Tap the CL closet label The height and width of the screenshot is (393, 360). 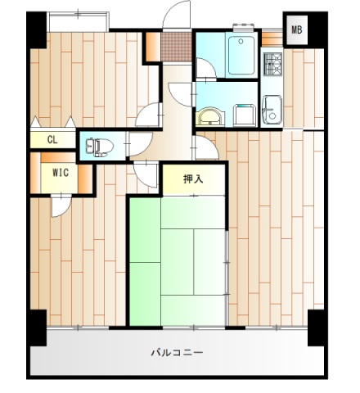[52, 140]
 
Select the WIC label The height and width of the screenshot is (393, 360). [60, 173]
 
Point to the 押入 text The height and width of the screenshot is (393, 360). [192, 179]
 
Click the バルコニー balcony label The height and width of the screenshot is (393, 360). [177, 354]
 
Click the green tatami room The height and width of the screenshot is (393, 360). [176, 262]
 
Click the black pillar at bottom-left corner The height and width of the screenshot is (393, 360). [37, 327]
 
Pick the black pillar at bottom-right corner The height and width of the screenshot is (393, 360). [316, 327]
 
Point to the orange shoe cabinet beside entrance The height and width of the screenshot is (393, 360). [153, 47]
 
